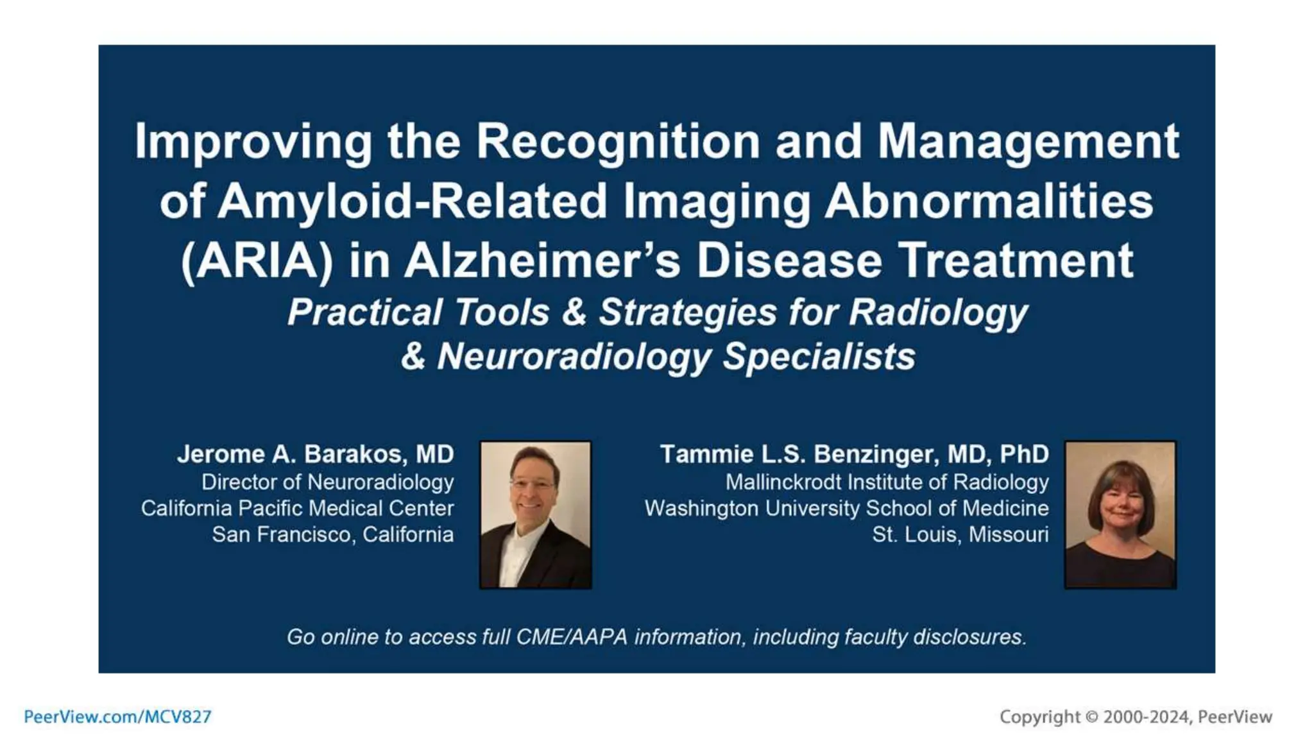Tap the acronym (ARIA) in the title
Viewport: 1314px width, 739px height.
pos(257,261)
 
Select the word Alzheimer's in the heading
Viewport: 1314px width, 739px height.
pos(542,261)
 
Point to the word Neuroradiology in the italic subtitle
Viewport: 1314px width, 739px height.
pos(574,357)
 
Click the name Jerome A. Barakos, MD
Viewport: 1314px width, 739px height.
pos(315,454)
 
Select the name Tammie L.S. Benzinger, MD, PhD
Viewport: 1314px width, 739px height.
pos(854,454)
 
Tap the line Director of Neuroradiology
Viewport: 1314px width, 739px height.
pos(327,482)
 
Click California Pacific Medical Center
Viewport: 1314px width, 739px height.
pos(297,508)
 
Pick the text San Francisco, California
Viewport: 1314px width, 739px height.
pos(332,534)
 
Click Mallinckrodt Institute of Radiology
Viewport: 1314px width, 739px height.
pos(887,482)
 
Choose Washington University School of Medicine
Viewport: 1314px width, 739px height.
pos(846,508)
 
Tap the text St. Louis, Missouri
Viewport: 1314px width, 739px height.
pos(960,534)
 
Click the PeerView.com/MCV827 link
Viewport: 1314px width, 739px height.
pos(117,717)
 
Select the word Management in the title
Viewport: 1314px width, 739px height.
pos(1028,141)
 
